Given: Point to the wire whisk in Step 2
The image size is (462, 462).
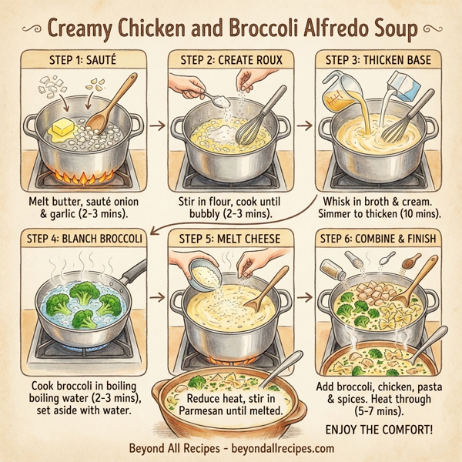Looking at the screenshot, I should coord(249,131).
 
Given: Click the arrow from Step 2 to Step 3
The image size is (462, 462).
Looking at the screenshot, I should coord(303,123).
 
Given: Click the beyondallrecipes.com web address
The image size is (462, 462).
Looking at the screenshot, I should coord(289,448).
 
